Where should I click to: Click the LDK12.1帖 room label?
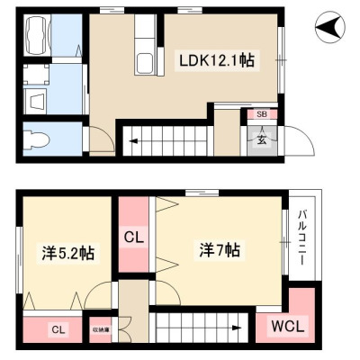click(217, 60)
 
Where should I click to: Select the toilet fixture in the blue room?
click(37, 139)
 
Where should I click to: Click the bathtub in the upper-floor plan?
click(38, 35)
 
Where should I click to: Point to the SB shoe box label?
click(262, 114)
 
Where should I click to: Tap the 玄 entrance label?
click(262, 139)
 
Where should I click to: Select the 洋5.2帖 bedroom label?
click(68, 253)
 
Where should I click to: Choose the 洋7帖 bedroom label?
click(220, 249)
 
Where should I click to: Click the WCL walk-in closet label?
click(287, 326)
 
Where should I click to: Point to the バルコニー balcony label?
click(302, 238)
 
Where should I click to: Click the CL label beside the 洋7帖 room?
click(134, 238)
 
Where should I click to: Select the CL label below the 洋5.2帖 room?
click(58, 330)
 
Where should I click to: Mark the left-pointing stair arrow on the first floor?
click(134, 140)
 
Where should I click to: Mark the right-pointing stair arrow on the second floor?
click(237, 328)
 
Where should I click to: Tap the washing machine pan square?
click(36, 74)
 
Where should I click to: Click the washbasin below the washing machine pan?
click(36, 101)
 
